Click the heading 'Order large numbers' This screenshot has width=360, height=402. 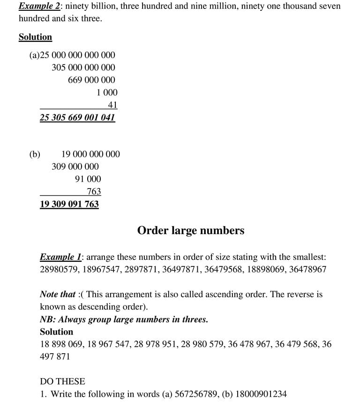coord(190,230)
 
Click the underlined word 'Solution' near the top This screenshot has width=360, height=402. coord(35,37)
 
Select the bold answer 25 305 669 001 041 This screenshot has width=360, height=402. coord(77,117)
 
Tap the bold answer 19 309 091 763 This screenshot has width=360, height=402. coord(69,204)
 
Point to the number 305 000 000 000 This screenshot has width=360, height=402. coord(83,68)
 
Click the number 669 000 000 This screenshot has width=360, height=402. coord(91,80)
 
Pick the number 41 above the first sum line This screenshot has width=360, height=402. coord(112,105)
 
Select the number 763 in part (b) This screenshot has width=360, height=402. coord(94,191)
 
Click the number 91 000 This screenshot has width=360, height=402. coord(88,179)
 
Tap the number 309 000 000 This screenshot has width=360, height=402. coord(75,167)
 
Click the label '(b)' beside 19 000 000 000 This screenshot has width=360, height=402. coord(35,154)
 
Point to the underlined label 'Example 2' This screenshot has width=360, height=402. coord(39,7)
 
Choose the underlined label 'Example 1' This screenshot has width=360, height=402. coord(61,257)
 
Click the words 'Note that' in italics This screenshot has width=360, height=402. coord(58,295)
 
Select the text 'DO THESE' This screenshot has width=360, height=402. coord(62,381)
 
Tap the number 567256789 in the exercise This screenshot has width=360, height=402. coord(194,394)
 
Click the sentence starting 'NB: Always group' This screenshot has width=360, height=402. coord(124,319)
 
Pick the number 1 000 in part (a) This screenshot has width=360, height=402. coord(107,93)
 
